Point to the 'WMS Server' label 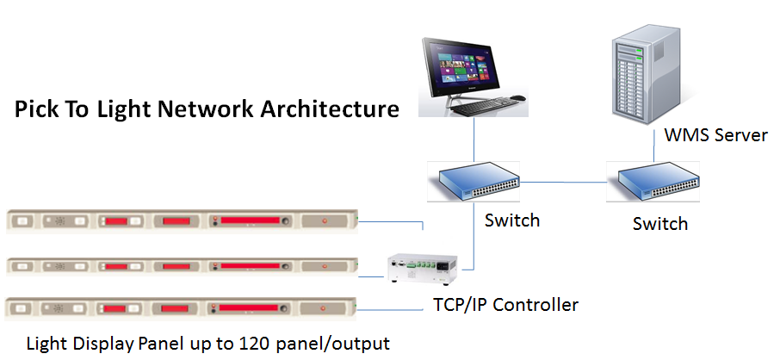715,135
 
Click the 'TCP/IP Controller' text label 505,304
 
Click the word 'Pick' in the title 36,109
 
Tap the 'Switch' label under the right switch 660,224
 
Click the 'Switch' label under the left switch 512,220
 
